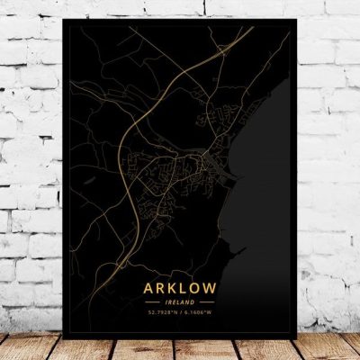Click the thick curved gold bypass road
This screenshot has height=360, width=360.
point(136,180)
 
